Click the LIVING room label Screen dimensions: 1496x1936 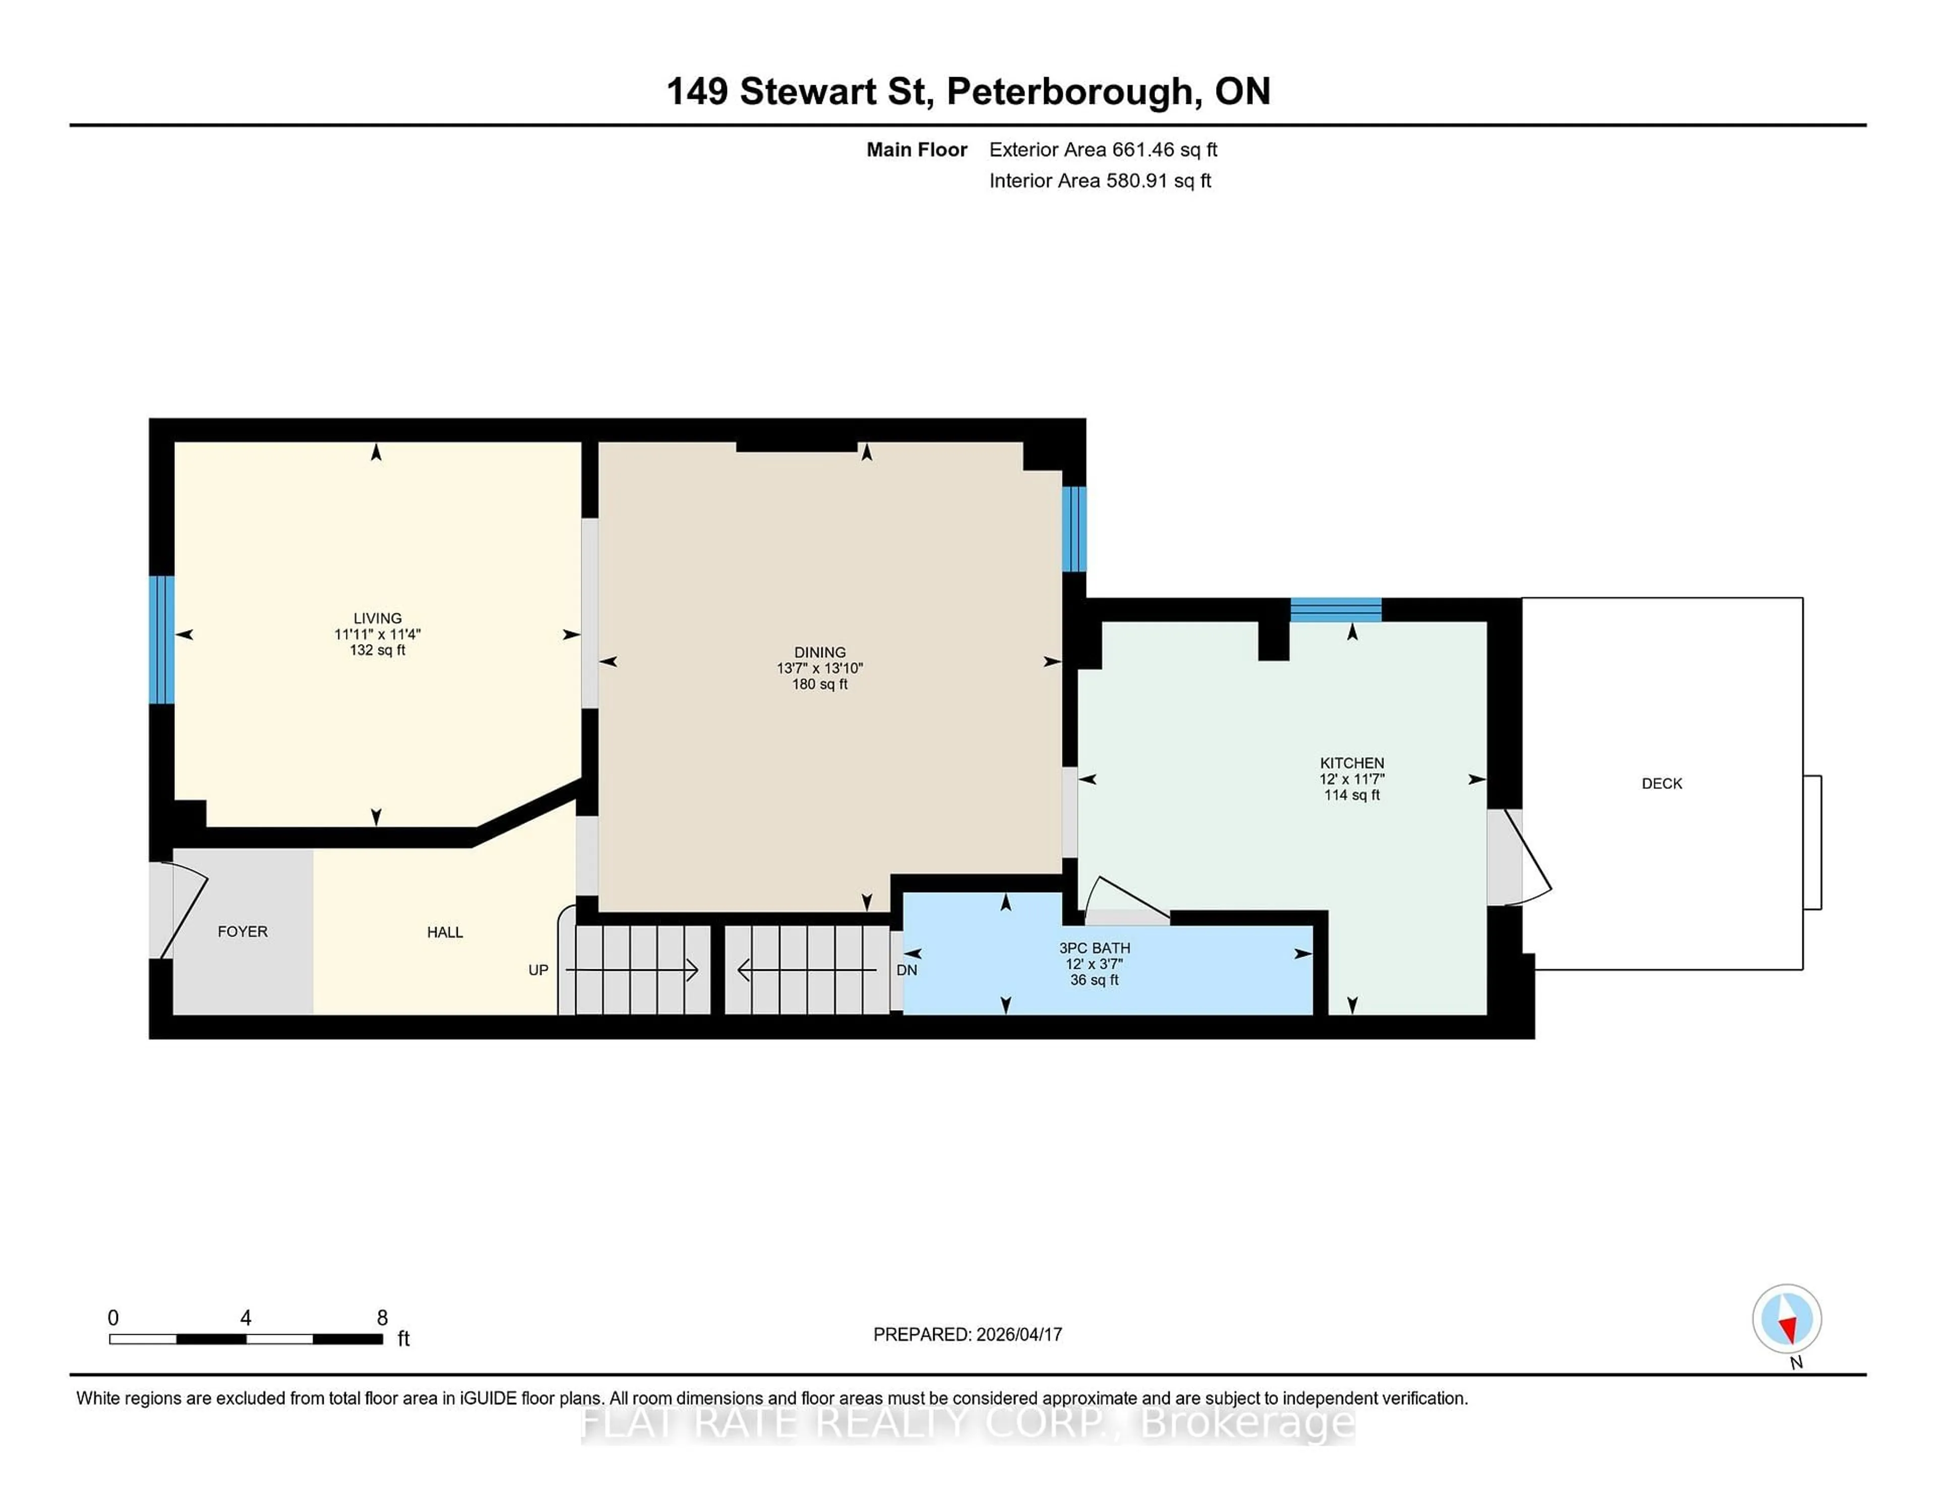378,618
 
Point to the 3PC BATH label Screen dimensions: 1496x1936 1094,948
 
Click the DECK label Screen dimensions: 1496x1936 1661,783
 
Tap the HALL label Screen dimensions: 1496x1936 445,931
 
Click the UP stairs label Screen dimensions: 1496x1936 538,970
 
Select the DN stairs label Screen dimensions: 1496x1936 906,970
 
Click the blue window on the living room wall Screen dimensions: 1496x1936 161,639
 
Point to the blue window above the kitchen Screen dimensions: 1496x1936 1335,610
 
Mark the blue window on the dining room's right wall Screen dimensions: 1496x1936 1073,529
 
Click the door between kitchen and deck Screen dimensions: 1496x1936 1518,857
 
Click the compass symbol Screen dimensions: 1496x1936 1786,1318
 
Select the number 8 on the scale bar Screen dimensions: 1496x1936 382,1318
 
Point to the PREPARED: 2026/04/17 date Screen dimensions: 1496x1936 967,1334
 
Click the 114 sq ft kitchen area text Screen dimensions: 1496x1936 1351,795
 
